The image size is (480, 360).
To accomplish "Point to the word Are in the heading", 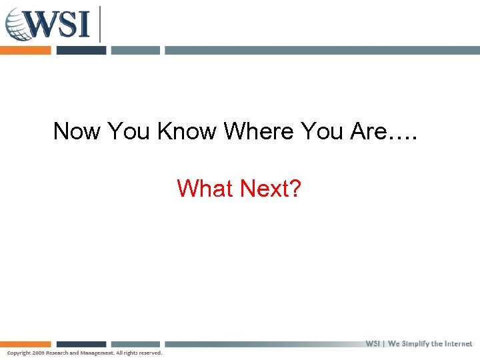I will (x=367, y=131).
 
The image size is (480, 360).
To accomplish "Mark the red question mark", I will (x=295, y=189).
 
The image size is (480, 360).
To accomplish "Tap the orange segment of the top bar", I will (x=25, y=50).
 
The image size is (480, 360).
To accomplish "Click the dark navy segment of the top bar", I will (x=81, y=50).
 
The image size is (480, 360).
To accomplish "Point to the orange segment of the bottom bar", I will (x=25, y=344).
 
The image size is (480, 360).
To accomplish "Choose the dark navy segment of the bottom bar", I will (x=81, y=344).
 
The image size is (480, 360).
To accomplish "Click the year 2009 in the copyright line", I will (x=37, y=353).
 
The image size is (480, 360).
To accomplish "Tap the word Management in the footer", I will (x=97, y=353).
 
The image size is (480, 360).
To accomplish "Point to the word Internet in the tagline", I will (x=457, y=344).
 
